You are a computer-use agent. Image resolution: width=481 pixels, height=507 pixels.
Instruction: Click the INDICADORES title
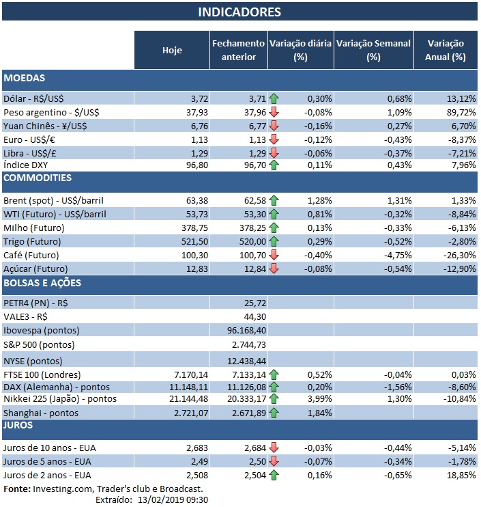239,12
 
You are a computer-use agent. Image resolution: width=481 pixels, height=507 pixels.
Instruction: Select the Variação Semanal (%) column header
374,50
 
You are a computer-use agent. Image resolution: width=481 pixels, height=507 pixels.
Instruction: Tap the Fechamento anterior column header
237,50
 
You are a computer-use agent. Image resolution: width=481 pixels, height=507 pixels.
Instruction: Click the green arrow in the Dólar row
274,98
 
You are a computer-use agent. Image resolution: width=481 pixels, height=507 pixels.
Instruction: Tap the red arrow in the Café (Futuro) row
274,254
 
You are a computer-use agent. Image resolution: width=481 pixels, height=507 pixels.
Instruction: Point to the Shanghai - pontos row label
41,413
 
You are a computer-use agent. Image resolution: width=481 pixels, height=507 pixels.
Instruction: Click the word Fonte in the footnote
16,489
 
